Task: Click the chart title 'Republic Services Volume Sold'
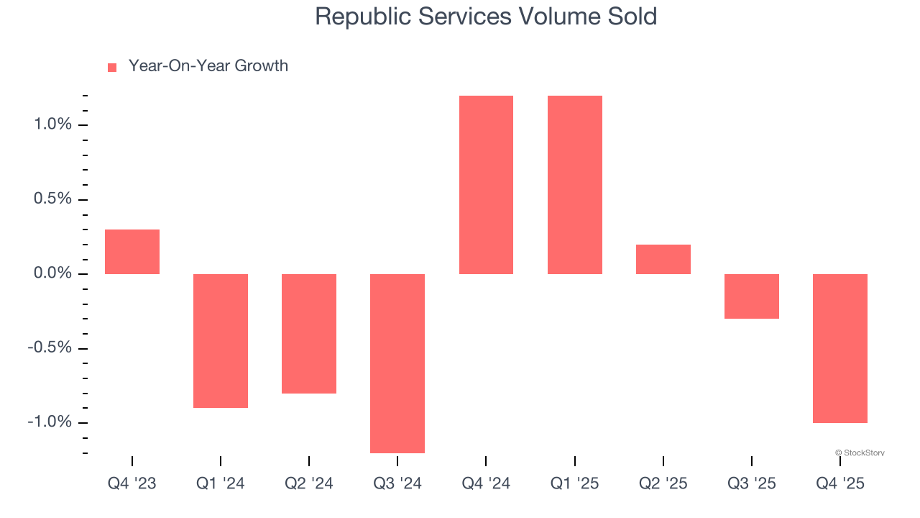coord(486,17)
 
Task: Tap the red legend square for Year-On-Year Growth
coord(112,67)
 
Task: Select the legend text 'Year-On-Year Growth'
coord(208,66)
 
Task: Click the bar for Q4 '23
coord(132,252)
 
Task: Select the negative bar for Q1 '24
coord(221,340)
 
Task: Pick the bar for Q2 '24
coord(309,333)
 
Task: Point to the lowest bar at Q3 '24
coord(397,363)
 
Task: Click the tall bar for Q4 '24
coord(486,185)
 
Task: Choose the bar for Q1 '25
coord(574,185)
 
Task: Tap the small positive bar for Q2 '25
coord(663,259)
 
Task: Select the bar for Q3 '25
coord(751,296)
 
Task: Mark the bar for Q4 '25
coord(839,348)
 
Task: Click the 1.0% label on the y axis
coord(53,124)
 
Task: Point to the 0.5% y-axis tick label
coord(53,199)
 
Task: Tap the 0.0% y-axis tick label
coord(53,273)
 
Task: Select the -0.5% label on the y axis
coord(50,348)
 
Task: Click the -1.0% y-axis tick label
coord(50,422)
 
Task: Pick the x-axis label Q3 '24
coord(397,483)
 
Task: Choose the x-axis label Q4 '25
coord(839,483)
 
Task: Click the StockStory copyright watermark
coord(860,453)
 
